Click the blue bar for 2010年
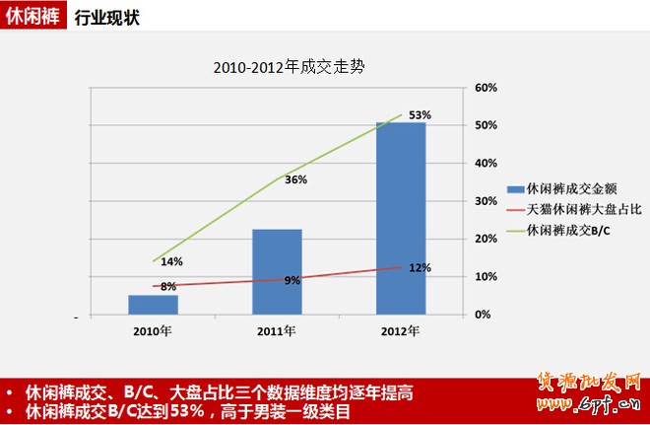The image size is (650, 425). coord(153,305)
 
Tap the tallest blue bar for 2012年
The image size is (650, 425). coord(401,218)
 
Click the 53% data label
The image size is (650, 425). coord(421,115)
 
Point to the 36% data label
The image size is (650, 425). coord(295,180)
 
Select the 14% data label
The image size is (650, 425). coord(171,261)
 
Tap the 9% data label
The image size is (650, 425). coord(292,281)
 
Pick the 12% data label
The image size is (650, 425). coord(421,267)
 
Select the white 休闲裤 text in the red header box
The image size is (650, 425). coord(32,17)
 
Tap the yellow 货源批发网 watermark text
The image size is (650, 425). coord(590,383)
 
